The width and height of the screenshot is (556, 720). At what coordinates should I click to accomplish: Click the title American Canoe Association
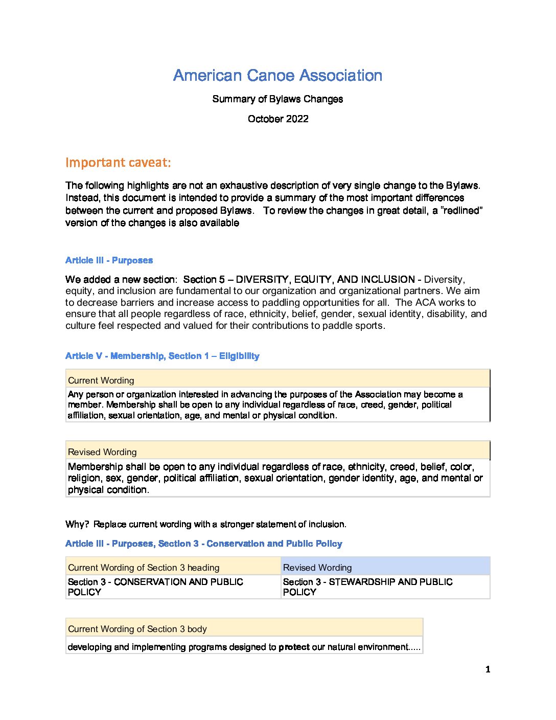(x=277, y=76)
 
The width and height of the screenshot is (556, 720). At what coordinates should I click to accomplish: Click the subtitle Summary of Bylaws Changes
(x=277, y=99)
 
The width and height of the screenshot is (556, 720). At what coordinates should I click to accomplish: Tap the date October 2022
(x=278, y=119)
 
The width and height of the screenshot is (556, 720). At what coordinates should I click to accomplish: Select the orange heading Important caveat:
(x=118, y=163)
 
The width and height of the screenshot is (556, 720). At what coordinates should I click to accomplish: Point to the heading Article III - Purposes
(x=109, y=260)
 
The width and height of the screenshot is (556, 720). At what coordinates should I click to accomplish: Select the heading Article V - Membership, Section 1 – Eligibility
(x=162, y=356)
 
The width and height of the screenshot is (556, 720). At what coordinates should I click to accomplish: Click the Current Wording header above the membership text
(x=101, y=380)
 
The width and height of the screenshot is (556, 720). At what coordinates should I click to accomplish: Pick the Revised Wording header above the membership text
(x=102, y=452)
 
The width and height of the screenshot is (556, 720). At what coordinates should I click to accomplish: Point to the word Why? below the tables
(x=77, y=524)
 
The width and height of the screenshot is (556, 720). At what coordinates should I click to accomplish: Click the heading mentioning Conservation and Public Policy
(x=203, y=544)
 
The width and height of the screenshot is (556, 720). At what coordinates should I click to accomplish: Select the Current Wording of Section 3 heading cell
(x=144, y=568)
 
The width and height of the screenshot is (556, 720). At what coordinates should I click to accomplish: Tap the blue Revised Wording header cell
(x=317, y=568)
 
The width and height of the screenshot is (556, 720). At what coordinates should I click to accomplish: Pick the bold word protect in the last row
(x=294, y=647)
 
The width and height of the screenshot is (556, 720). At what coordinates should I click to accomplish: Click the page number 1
(x=488, y=669)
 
